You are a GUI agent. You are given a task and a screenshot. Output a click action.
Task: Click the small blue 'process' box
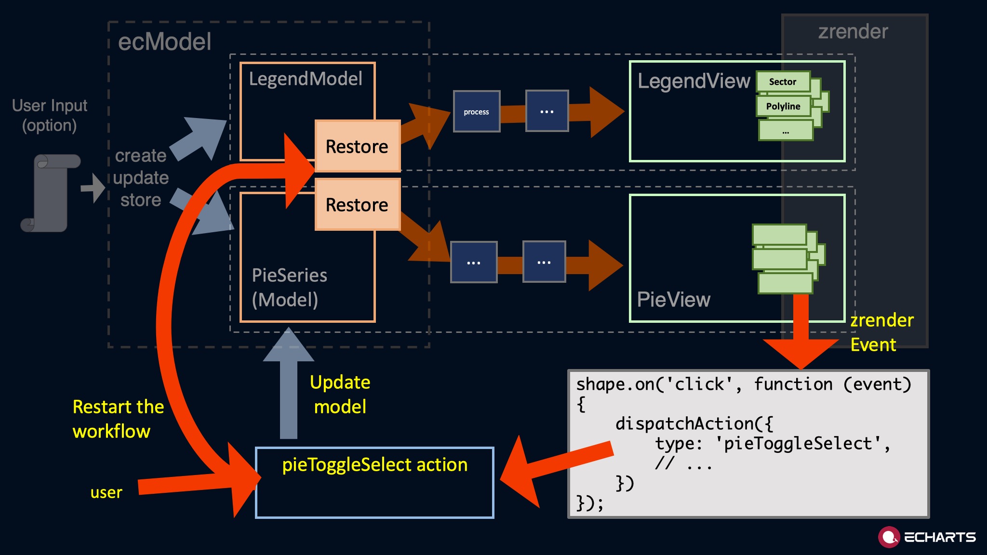coord(476,111)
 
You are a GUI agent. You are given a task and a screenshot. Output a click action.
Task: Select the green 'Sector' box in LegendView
coord(783,82)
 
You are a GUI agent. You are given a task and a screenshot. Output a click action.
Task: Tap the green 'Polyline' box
coord(783,106)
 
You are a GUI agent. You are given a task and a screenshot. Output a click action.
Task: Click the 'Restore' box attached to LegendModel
coord(357,146)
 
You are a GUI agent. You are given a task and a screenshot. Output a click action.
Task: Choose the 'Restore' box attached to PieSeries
coord(357,205)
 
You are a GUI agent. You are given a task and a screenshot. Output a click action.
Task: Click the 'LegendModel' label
coord(306,79)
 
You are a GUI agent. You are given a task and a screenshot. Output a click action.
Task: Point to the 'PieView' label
coord(673,300)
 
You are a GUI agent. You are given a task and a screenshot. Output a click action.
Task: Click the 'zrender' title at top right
coord(853,32)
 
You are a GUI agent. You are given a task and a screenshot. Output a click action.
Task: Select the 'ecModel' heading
coord(164,42)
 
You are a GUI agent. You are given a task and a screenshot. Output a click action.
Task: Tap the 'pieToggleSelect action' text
coord(374,465)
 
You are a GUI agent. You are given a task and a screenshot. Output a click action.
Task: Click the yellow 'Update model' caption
coord(340,395)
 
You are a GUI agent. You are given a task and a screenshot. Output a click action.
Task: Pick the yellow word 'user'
coord(106,492)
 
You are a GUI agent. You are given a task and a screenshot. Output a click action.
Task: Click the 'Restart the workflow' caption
coord(118,419)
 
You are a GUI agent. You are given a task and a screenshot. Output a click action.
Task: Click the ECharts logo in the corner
coord(926,537)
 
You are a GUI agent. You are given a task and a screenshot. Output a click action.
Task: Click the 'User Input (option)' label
coord(50,116)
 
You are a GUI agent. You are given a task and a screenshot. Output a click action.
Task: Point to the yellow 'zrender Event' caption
coord(881,332)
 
